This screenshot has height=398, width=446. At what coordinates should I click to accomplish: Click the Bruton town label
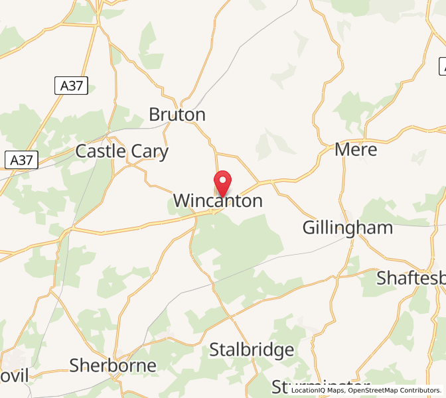click(177, 115)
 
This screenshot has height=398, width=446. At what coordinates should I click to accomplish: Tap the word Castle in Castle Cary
click(100, 151)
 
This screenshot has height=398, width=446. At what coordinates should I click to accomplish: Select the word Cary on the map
click(149, 152)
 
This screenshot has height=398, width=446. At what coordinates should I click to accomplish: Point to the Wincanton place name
click(218, 201)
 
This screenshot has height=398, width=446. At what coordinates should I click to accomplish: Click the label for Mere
click(356, 149)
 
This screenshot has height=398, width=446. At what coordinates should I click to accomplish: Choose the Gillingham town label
click(347, 228)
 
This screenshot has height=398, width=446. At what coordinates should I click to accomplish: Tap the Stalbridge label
click(252, 350)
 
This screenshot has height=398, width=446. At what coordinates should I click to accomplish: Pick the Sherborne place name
click(113, 365)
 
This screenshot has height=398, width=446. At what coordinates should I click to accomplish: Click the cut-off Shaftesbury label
click(411, 277)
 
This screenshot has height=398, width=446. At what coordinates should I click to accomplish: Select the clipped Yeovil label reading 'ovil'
click(14, 376)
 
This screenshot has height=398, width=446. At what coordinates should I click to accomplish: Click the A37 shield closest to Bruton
click(70, 85)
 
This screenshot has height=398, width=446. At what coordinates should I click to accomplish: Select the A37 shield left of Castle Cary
click(22, 160)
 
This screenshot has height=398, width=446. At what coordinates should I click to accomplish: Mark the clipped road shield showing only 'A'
click(442, 66)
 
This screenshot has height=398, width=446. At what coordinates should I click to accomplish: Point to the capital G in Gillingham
click(309, 228)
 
